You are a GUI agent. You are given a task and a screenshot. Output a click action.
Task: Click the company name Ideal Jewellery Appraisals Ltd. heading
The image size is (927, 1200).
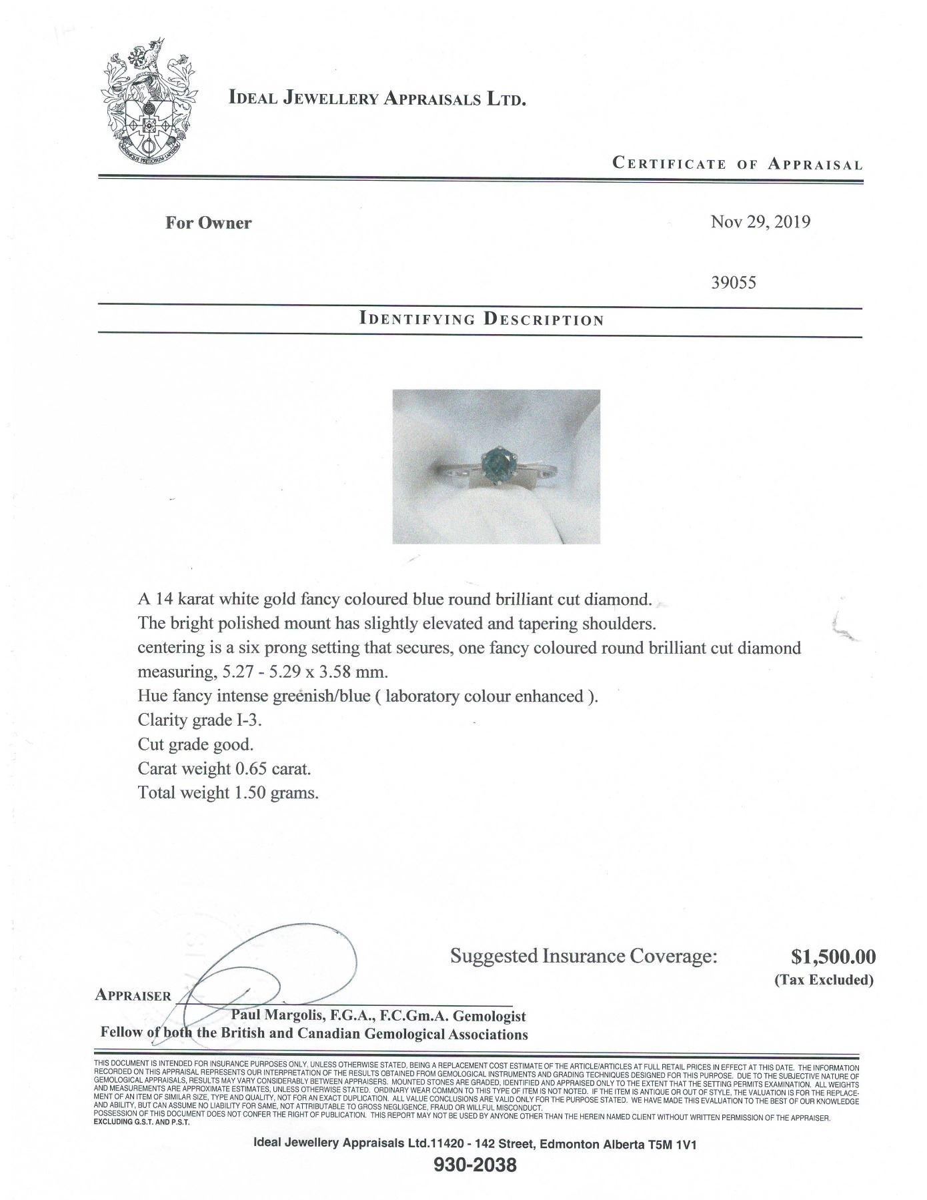click(377, 99)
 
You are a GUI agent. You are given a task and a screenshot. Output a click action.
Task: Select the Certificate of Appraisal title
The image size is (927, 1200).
click(737, 163)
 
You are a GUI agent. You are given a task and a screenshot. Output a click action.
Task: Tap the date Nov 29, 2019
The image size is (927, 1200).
click(760, 222)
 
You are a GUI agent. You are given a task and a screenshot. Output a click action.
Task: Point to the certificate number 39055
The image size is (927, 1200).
click(734, 282)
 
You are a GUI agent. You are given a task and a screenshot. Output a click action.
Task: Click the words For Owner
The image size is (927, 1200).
click(208, 223)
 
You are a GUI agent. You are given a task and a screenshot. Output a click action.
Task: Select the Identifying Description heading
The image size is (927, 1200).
click(481, 319)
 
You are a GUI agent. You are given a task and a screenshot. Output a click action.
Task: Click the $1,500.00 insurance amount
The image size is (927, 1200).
click(833, 957)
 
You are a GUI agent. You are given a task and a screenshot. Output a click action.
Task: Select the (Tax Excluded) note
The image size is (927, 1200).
click(824, 980)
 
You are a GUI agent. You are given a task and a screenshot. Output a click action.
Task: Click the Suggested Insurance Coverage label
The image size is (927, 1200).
click(584, 957)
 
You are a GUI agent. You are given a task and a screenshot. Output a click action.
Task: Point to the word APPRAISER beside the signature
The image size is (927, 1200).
click(133, 995)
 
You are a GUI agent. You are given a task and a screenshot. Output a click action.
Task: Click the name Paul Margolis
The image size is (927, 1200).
click(275, 1016)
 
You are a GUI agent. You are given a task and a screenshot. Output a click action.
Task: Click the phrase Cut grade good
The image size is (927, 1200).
click(195, 744)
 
